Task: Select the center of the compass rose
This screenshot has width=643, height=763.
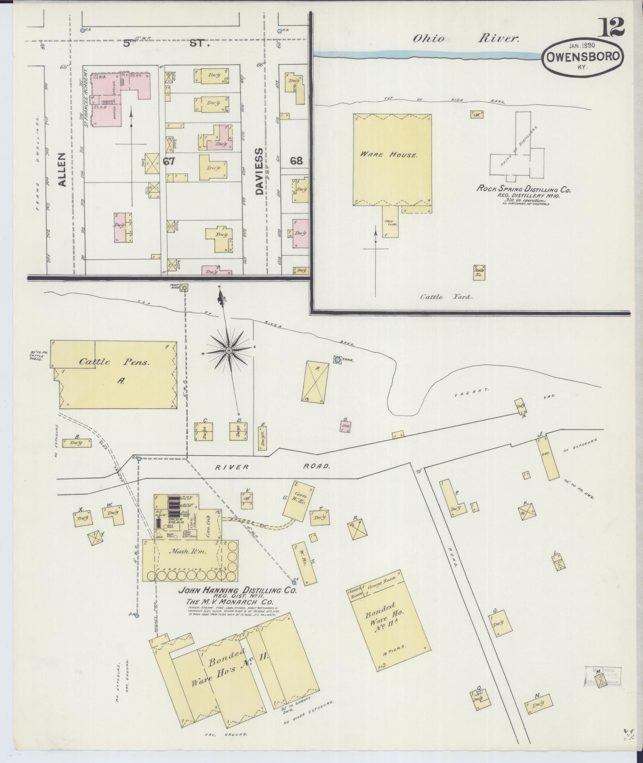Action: [x=229, y=350]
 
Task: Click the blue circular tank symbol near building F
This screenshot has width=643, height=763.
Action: [x=338, y=360]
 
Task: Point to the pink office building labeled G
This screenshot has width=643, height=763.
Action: [x=345, y=427]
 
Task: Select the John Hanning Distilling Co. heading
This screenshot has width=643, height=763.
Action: [x=238, y=591]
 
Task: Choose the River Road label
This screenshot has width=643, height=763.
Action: [x=273, y=467]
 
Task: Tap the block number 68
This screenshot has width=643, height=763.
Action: [x=296, y=161]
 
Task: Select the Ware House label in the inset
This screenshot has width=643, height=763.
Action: [x=389, y=154]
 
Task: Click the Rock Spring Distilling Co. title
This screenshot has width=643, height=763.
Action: [x=524, y=189]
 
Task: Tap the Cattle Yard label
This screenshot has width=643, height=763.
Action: [x=446, y=297]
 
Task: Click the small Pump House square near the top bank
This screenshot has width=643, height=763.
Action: [x=185, y=287]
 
